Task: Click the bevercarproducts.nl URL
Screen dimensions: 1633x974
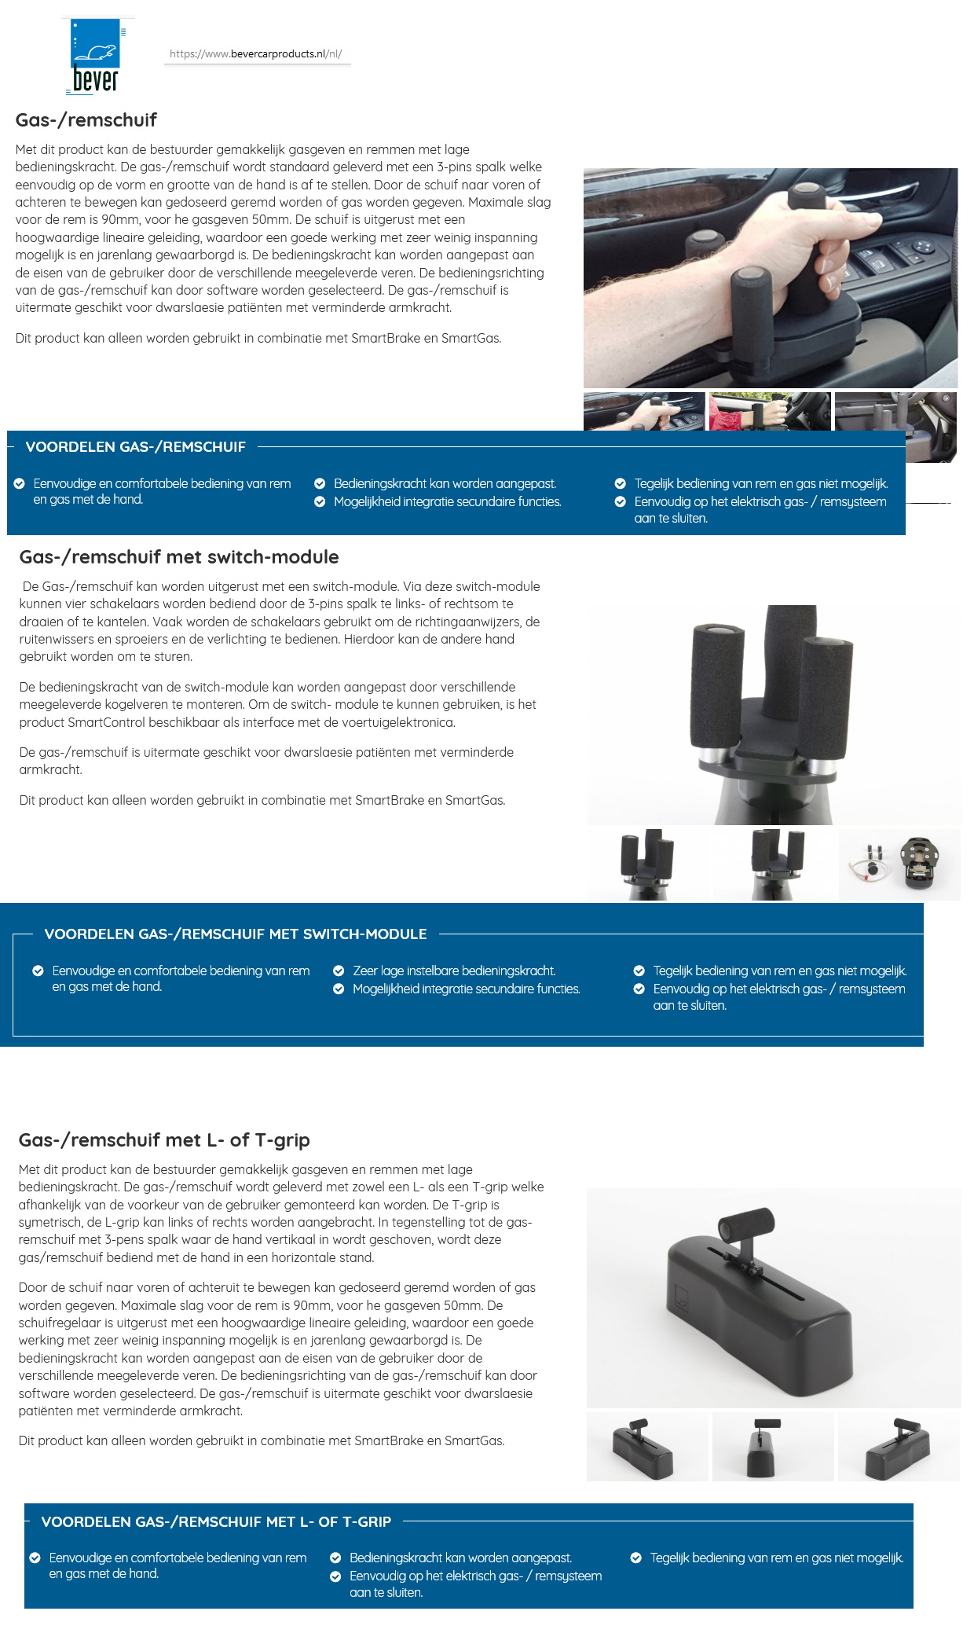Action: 256,54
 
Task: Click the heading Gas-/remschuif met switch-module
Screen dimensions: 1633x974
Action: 179,557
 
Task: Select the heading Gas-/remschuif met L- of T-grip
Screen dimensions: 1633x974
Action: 164,1140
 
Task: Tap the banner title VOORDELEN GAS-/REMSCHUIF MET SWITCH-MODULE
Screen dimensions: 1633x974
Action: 236,934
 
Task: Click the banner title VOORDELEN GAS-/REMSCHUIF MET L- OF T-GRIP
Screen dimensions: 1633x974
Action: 216,1522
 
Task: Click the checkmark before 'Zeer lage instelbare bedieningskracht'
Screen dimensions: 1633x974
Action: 339,971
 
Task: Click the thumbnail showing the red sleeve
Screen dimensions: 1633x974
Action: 769,411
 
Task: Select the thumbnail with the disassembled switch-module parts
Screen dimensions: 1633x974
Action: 899,864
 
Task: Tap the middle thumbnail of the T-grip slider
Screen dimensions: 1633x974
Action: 772,1447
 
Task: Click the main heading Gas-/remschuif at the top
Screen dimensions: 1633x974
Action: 86,120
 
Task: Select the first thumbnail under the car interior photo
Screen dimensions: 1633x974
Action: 643,411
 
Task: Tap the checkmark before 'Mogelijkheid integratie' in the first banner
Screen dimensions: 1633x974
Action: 320,502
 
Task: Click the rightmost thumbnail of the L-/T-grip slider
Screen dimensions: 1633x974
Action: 899,1447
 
